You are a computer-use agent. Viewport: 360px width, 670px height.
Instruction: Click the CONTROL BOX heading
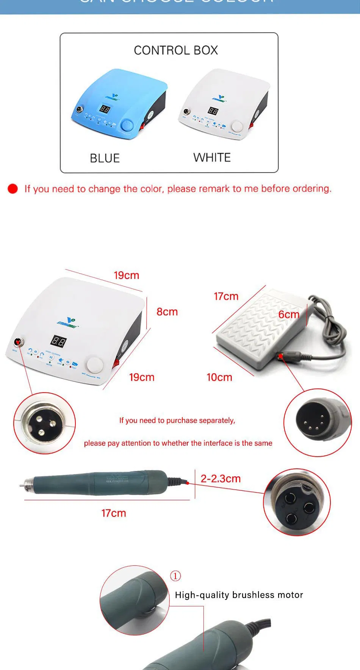(176, 50)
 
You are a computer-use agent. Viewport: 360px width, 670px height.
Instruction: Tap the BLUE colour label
(105, 158)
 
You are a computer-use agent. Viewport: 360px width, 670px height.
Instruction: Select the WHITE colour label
(212, 157)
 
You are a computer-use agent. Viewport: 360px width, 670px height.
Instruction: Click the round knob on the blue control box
(127, 125)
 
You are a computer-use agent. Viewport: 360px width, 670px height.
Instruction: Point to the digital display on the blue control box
(105, 109)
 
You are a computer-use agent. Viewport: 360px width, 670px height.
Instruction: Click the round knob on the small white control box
(237, 126)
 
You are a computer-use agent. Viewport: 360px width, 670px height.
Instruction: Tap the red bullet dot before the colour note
(13, 189)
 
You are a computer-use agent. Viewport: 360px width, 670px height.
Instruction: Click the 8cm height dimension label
(167, 312)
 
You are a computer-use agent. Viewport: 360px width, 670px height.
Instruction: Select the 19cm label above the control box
(127, 275)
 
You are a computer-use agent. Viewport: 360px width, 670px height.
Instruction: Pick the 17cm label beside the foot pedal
(226, 296)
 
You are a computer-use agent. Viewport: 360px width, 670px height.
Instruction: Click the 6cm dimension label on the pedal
(289, 315)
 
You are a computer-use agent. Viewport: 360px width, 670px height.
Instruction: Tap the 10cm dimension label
(219, 377)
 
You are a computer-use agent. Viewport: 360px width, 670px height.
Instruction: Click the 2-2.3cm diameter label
(221, 479)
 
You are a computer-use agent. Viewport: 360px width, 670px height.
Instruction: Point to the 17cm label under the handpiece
(114, 513)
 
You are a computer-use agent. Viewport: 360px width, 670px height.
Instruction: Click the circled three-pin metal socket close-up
(44, 423)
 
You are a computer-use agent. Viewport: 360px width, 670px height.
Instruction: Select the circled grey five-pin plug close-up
(318, 422)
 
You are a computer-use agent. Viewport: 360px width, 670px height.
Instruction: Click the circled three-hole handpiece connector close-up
(297, 502)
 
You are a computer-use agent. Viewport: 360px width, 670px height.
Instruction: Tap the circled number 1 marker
(175, 576)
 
